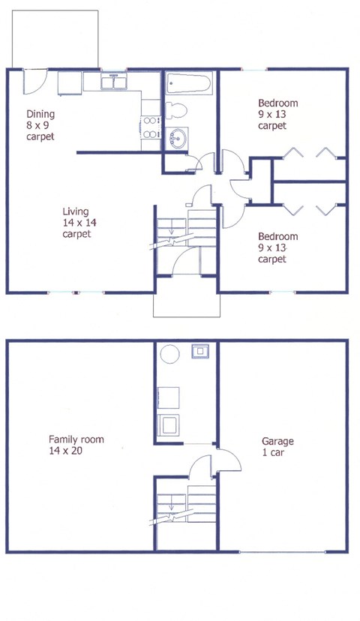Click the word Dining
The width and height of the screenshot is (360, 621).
click(40, 115)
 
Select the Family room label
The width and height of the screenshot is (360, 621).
click(76, 439)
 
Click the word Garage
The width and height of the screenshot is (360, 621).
click(277, 442)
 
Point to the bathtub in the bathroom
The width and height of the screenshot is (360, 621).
click(190, 82)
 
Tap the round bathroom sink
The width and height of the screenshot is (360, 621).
click(178, 137)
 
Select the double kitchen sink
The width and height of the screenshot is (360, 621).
click(114, 81)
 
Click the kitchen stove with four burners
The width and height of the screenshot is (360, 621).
click(150, 127)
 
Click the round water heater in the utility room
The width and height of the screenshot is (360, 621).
click(169, 353)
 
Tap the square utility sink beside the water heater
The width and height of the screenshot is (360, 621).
click(200, 351)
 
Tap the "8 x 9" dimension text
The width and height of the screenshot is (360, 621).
click(38, 126)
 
